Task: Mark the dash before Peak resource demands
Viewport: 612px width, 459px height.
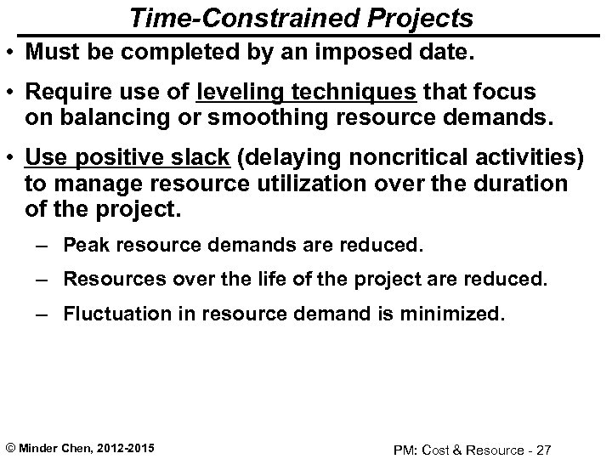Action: (x=47, y=246)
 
